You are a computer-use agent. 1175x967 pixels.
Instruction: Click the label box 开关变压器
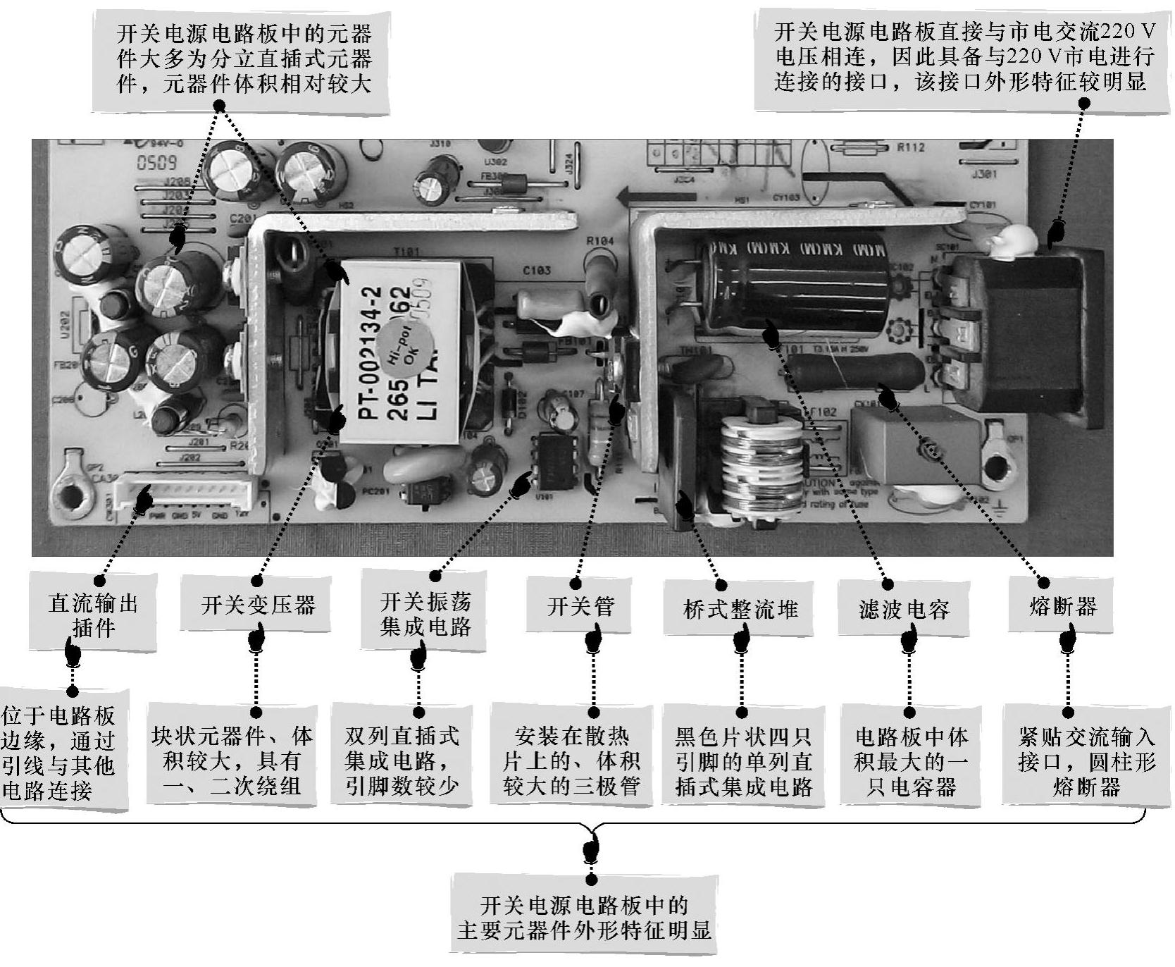[258, 605]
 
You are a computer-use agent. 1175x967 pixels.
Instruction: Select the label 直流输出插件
[93, 615]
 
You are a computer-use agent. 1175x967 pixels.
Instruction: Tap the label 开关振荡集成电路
[425, 614]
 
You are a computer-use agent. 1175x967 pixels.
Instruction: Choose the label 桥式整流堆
[740, 608]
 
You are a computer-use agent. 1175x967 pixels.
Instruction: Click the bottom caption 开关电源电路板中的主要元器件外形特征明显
[584, 917]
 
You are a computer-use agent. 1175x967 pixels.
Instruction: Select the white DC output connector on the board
[185, 493]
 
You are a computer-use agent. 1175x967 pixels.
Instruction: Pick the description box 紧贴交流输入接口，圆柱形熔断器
[1076, 762]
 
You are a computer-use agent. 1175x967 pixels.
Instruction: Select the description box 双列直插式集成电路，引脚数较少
[402, 762]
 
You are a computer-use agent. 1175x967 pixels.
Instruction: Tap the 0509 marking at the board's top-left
[156, 164]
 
